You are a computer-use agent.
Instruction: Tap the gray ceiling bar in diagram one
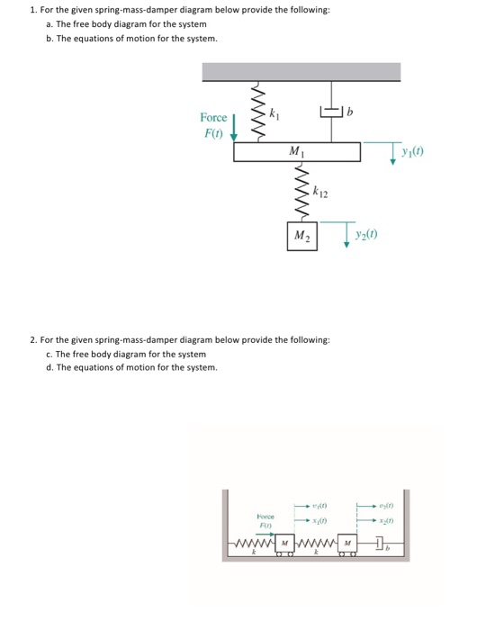coord(301,72)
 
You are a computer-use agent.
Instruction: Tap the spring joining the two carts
coord(315,545)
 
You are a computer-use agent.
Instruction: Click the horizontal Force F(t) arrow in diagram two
coord(264,532)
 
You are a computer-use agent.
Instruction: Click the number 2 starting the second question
coord(32,342)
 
